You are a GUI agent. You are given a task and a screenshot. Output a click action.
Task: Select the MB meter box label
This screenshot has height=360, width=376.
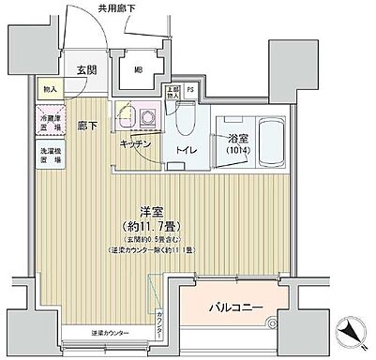click(138, 68)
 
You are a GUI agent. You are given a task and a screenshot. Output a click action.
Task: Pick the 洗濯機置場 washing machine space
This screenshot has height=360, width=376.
click(50, 155)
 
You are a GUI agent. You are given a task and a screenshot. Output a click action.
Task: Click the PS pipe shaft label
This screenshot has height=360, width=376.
click(191, 91)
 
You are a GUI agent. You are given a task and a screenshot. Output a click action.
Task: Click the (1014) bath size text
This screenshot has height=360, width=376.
click(236, 154)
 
